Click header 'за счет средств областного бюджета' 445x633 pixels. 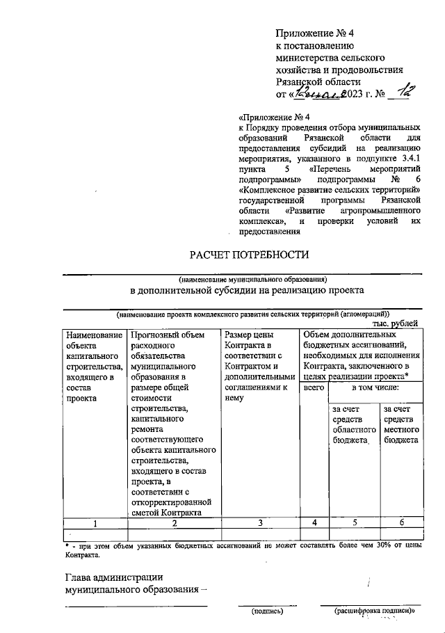click(354, 425)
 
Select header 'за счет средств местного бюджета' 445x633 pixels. click(400, 425)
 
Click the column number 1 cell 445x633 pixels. click(94, 522)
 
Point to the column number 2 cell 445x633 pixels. click(174, 522)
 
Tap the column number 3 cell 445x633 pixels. click(259, 522)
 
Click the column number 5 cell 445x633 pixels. click(354, 522)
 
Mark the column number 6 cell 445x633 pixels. click(401, 522)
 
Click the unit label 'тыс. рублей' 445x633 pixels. click(395, 323)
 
